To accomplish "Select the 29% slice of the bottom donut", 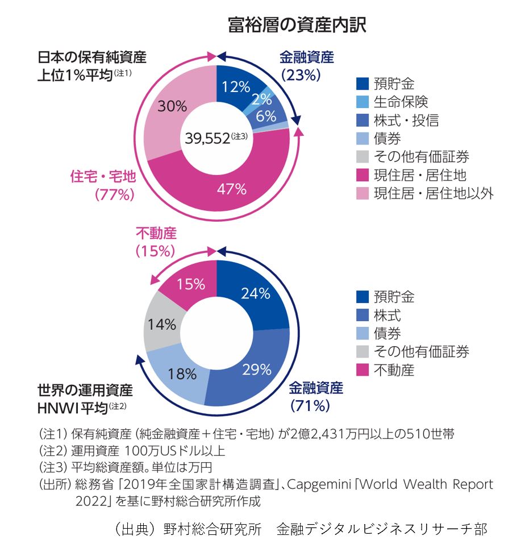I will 256,370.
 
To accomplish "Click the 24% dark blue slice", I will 255,293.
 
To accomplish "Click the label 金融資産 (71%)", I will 316,397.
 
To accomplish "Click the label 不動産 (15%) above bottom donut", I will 156,241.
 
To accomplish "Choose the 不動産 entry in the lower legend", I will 393,371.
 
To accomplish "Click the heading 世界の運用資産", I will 85,391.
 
